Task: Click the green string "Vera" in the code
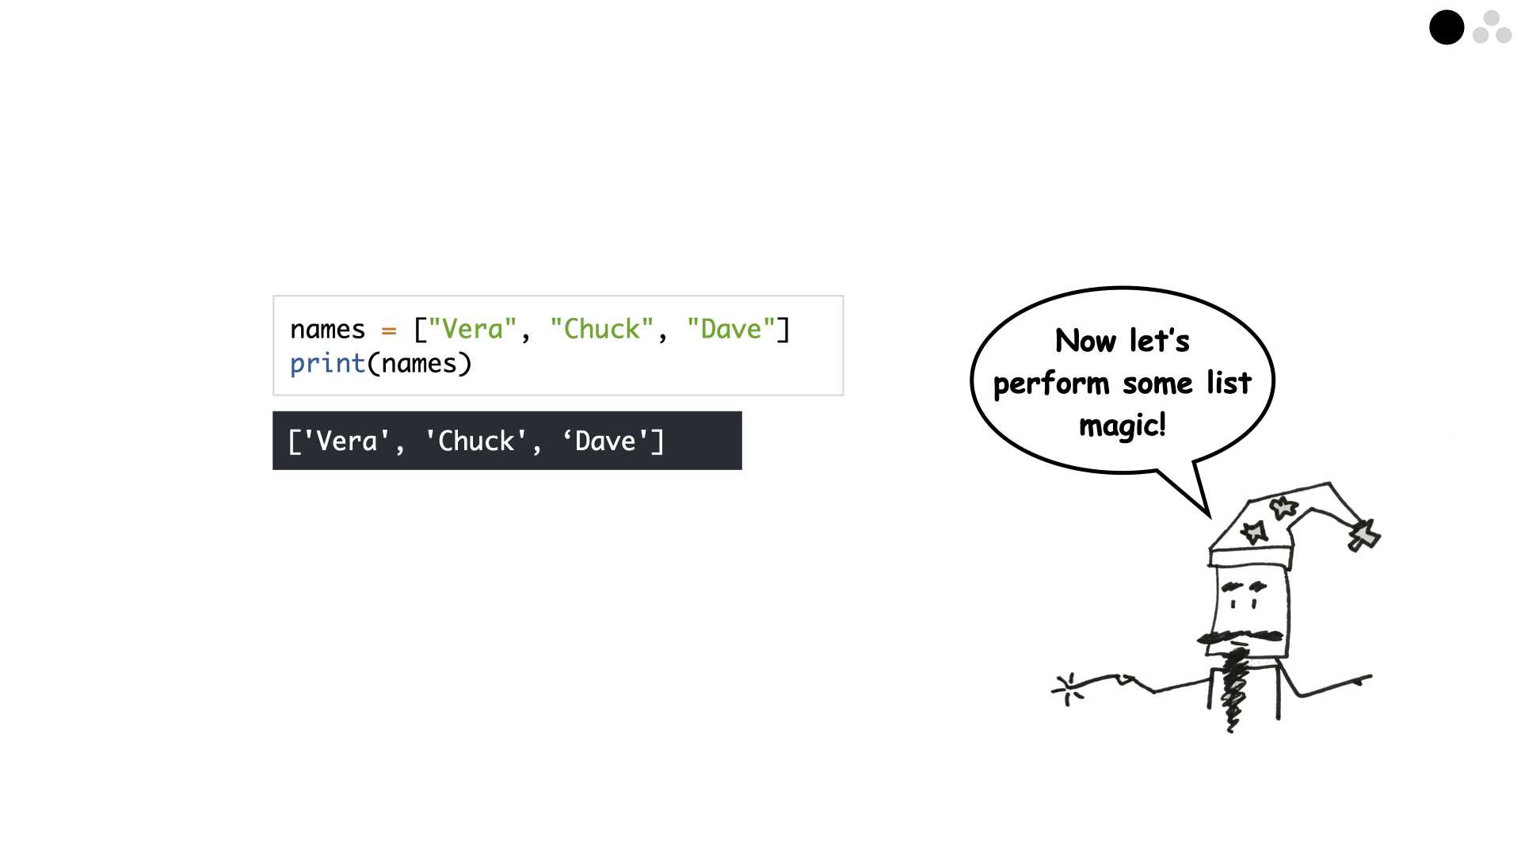(x=472, y=329)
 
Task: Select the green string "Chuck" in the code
(x=602, y=329)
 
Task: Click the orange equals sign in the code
(x=388, y=331)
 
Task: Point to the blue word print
(x=327, y=364)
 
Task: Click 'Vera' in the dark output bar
(x=346, y=441)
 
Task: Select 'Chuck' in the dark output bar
(x=476, y=441)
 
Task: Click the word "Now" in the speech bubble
(x=1085, y=341)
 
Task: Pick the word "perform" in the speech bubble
(x=1051, y=384)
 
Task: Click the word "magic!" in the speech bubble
(x=1123, y=426)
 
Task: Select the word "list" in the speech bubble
(x=1229, y=383)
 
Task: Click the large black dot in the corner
(x=1447, y=28)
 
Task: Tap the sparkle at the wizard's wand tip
(x=1067, y=689)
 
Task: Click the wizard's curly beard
(x=1233, y=690)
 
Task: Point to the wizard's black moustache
(x=1240, y=636)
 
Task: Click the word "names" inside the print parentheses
(x=418, y=364)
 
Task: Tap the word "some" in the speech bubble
(x=1157, y=384)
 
